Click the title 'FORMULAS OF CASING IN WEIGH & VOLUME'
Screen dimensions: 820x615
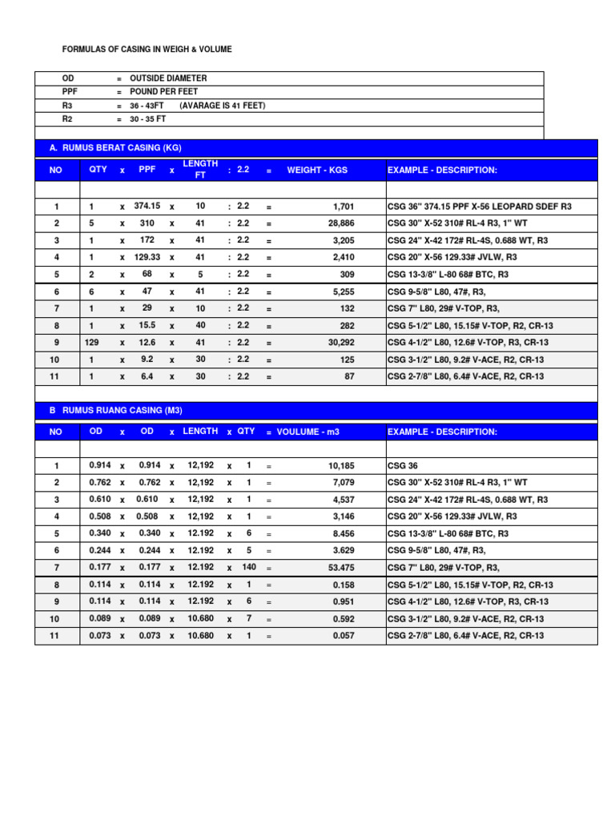pyautogui.click(x=147, y=50)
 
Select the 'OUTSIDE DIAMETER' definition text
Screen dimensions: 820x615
pyautogui.click(x=168, y=78)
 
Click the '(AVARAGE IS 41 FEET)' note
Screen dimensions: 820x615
pyautogui.click(x=223, y=106)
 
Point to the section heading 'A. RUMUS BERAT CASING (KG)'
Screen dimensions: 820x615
pyautogui.click(x=117, y=148)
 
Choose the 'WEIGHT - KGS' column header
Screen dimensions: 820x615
pyautogui.click(x=317, y=171)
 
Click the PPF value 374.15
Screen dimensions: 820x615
pyautogui.click(x=147, y=206)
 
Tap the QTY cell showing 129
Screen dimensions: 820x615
pyautogui.click(x=92, y=343)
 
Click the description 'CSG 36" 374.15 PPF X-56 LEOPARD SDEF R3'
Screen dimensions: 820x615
pyautogui.click(x=480, y=207)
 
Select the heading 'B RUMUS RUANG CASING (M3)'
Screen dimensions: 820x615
pyautogui.click(x=116, y=410)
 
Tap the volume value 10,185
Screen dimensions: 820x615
pyautogui.click(x=341, y=465)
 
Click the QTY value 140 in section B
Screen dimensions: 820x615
pyautogui.click(x=249, y=567)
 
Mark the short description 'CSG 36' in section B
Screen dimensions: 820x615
pyautogui.click(x=402, y=465)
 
